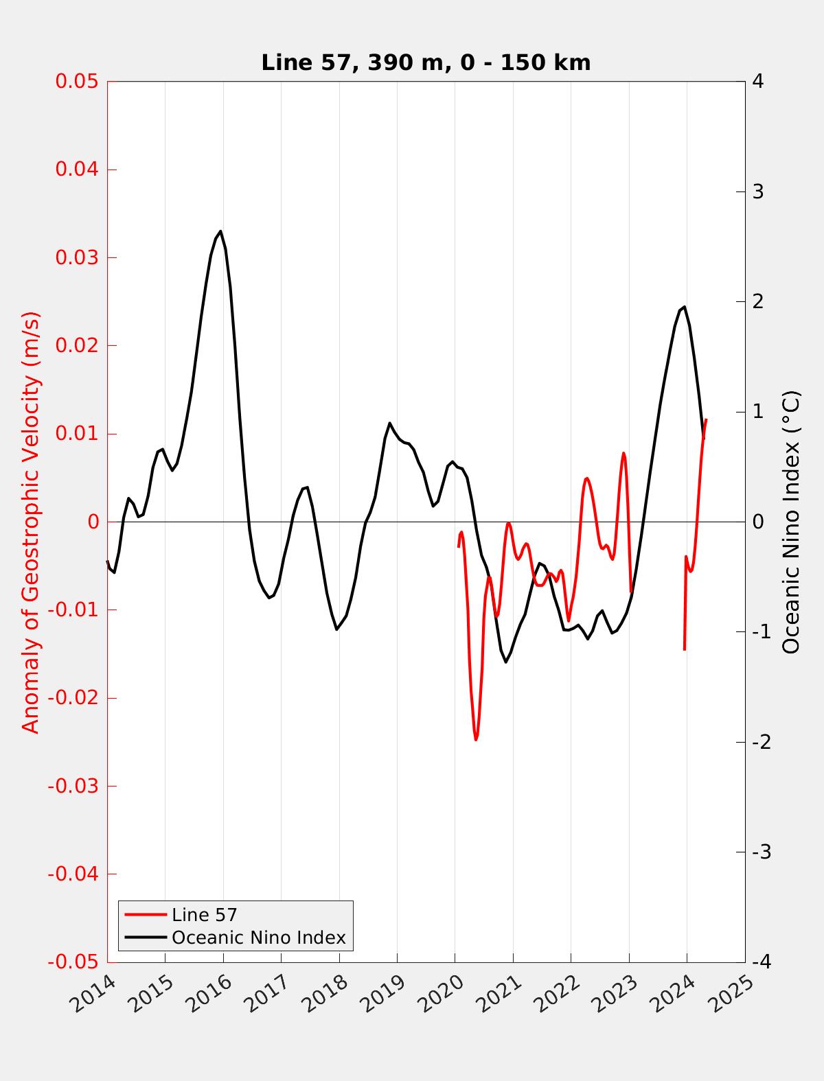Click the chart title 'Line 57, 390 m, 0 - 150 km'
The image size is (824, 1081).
pyautogui.click(x=426, y=62)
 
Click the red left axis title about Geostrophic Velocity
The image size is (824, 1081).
pyautogui.click(x=31, y=522)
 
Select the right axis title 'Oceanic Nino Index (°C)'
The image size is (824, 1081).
pyautogui.click(x=791, y=522)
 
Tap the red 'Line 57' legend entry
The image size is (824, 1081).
pyautogui.click(x=204, y=915)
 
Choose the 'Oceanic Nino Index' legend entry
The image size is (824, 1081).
pyautogui.click(x=258, y=938)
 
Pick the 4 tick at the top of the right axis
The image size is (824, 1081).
pyautogui.click(x=758, y=81)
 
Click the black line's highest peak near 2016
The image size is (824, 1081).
pyautogui.click(x=220, y=231)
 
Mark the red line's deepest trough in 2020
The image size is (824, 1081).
pyautogui.click(x=476, y=740)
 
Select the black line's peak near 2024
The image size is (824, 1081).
pyautogui.click(x=684, y=307)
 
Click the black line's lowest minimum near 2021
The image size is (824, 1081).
pyautogui.click(x=506, y=662)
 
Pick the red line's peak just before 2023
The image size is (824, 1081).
pyautogui.click(x=623, y=453)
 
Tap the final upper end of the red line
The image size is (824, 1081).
pyautogui.click(x=706, y=419)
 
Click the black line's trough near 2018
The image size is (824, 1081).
pyautogui.click(x=336, y=629)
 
